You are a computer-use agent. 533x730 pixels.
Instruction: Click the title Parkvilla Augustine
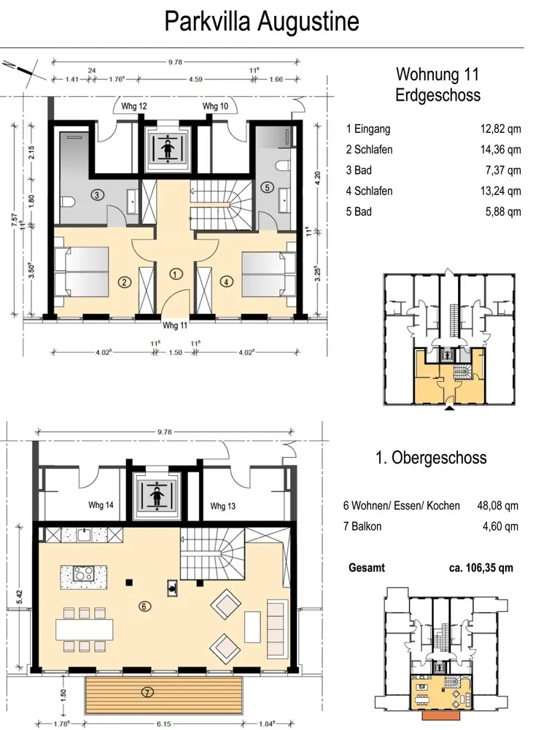point(262,22)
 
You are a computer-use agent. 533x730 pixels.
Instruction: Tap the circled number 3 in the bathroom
point(97,195)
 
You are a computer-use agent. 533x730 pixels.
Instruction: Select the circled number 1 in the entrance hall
point(175,274)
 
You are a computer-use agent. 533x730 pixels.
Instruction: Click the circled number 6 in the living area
point(144,606)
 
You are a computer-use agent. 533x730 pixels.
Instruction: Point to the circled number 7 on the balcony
point(147,693)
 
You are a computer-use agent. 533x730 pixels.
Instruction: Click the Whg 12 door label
point(134,106)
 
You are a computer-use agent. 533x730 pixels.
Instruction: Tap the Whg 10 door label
point(215,106)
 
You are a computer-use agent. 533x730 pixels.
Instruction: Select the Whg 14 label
point(101,504)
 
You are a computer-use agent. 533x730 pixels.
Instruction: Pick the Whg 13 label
point(223,506)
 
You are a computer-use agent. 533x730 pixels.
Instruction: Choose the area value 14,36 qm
point(500,150)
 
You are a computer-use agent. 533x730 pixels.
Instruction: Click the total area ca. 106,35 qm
point(481,568)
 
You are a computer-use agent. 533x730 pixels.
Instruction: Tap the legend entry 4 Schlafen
point(369,191)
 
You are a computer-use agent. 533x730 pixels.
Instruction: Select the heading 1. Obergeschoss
point(431,458)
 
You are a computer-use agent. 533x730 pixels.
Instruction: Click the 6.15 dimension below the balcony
point(164,724)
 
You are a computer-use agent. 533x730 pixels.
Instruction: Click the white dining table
point(84,629)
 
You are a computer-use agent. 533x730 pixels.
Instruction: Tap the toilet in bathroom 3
point(69,201)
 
